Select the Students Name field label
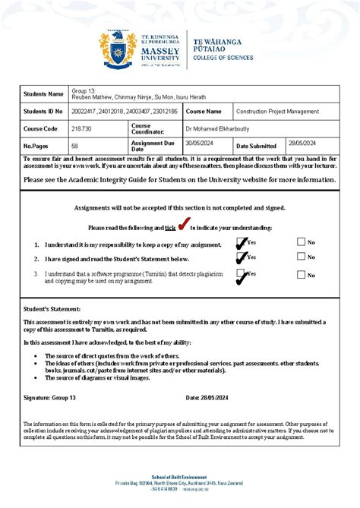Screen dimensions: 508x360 pos(43,93)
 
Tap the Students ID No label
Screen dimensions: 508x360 pos(43,111)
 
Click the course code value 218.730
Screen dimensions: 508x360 pos(82,128)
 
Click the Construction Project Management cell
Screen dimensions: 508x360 pos(277,111)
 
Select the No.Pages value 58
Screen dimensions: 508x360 pos(75,145)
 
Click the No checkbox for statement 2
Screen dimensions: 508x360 pos(302,258)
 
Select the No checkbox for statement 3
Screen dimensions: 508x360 pos(302,275)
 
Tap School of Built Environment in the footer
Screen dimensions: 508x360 pos(179,476)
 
